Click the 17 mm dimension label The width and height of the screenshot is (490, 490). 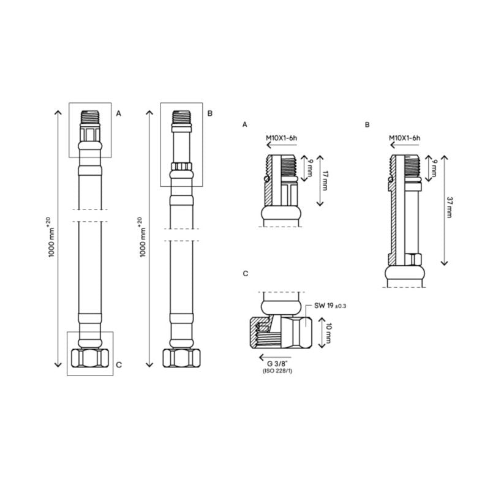coord(325,180)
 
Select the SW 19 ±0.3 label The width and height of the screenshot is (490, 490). coord(331,305)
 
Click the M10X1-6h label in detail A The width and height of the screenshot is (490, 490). coord(281,139)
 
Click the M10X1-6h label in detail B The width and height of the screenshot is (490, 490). coord(404,139)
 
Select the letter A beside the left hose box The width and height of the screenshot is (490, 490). coord(119,113)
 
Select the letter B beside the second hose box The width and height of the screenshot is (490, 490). coord(209,113)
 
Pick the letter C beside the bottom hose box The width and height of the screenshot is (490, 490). coord(119,365)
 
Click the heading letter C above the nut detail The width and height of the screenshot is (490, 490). coord(245,273)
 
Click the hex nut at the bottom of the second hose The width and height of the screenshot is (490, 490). coord(180,357)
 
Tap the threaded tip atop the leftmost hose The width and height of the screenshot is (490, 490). coord(90,115)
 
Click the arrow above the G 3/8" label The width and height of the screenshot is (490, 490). coord(276,356)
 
